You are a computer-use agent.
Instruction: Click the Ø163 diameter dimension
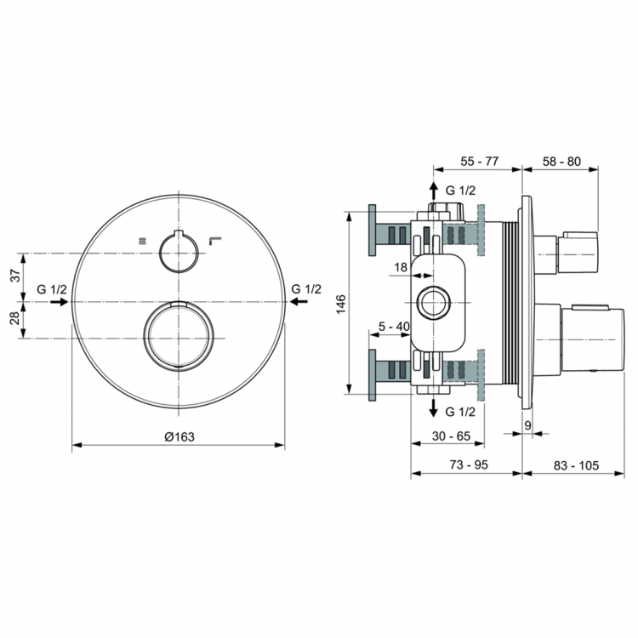pos(179,436)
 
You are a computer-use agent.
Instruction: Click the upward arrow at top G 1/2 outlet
pos(433,188)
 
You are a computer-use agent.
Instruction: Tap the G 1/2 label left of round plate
pos(52,289)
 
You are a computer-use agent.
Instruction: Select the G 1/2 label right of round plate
pos(306,289)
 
